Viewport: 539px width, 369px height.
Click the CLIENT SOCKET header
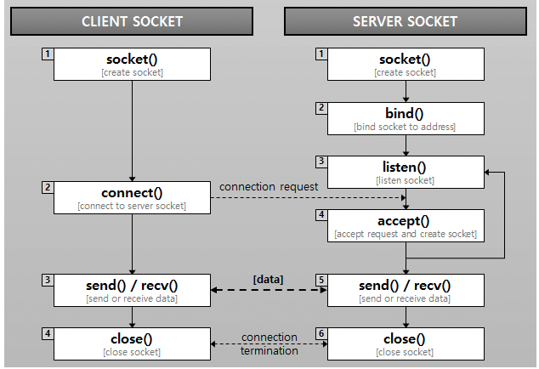[x=132, y=20]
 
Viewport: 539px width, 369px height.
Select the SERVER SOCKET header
[x=405, y=20]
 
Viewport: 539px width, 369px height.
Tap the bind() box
[x=405, y=118]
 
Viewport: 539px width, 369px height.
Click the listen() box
[x=405, y=172]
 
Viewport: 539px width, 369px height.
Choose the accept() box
[x=405, y=226]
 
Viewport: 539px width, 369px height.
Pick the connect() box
[x=132, y=197]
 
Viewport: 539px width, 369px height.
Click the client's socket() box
[x=132, y=64]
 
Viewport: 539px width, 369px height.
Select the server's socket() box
[x=405, y=64]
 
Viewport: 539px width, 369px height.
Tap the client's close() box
[x=132, y=344]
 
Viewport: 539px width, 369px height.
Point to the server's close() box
[x=405, y=344]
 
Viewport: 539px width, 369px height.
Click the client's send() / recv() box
[x=132, y=290]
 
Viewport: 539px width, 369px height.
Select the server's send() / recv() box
[x=405, y=290]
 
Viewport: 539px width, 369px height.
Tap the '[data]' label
[x=268, y=279]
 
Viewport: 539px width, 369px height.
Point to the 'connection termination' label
[x=269, y=343]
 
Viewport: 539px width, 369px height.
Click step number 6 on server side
[x=321, y=334]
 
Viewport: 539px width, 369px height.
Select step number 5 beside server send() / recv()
[x=321, y=280]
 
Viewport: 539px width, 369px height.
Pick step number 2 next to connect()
[x=48, y=186]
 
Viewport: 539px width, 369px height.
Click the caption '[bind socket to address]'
[x=405, y=127]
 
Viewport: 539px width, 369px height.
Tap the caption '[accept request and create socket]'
[x=405, y=234]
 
